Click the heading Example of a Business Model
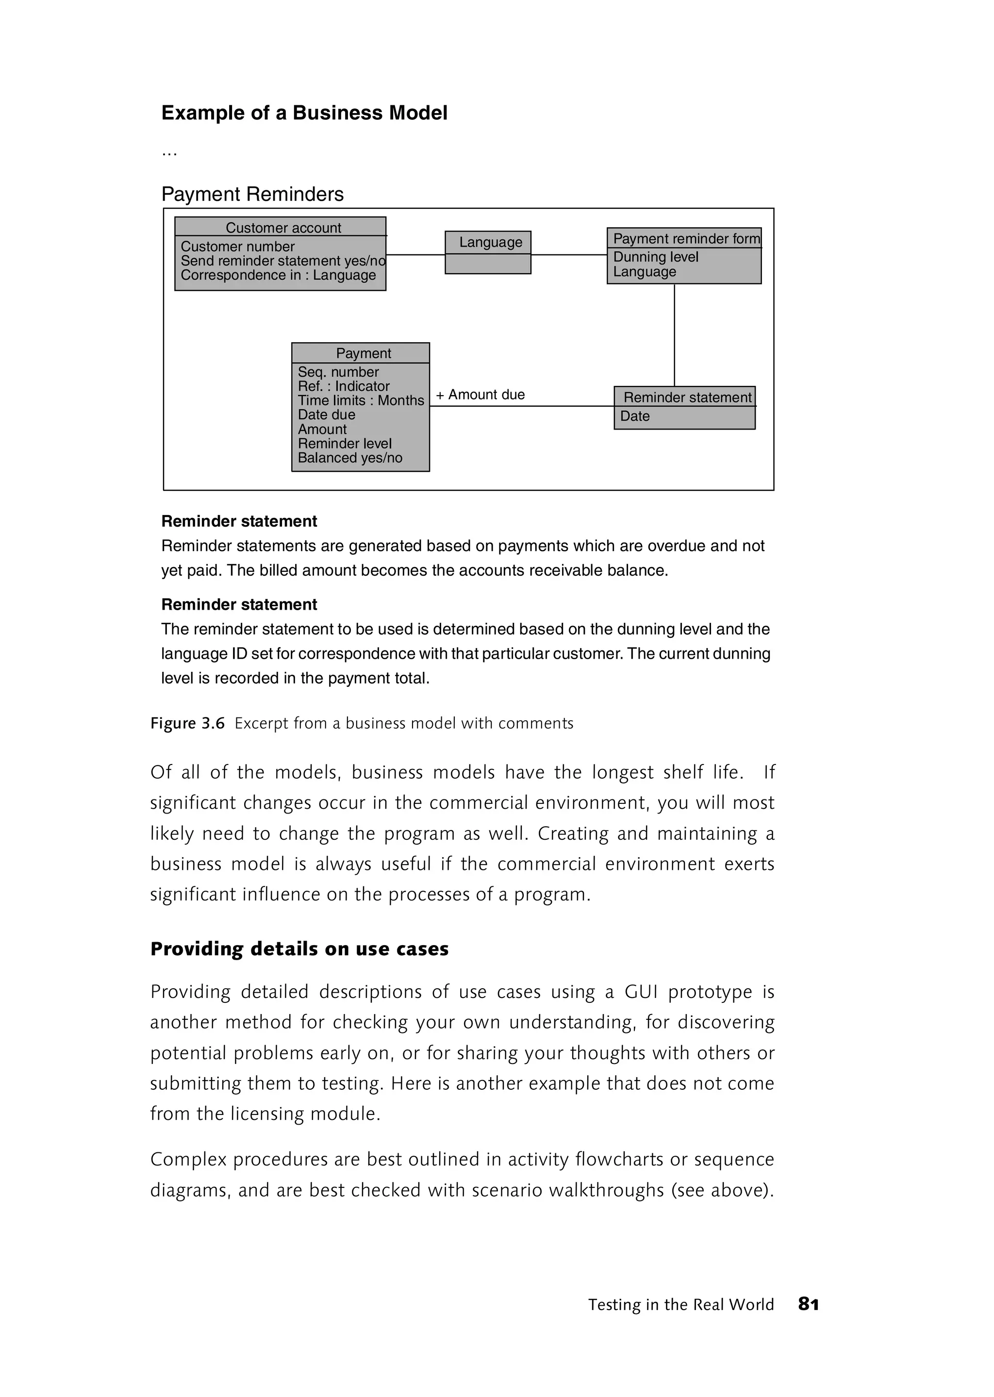pos(304,113)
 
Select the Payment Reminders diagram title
pos(252,194)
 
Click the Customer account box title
pos(283,228)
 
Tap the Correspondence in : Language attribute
pos(278,276)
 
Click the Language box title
pos(490,242)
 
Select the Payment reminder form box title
pos(686,239)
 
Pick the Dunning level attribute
pos(656,257)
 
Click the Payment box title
pos(363,353)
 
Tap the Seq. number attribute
pos(338,372)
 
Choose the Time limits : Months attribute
pos(361,400)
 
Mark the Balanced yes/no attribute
pos(349,458)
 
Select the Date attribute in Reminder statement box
pos(635,416)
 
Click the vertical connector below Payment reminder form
pos(675,335)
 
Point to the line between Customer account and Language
pos(415,255)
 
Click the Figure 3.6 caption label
pos(188,724)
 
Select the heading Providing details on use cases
pos(299,949)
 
